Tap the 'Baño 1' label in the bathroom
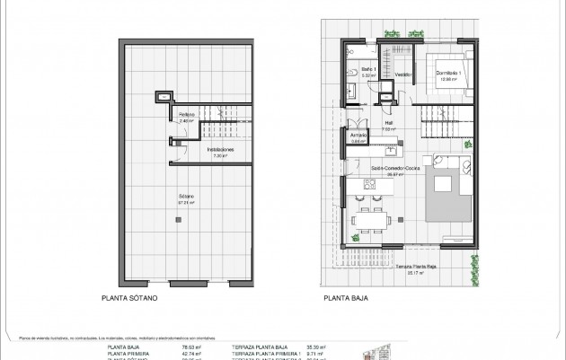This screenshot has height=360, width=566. tap(356, 73)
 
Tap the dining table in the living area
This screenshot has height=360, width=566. tap(369, 218)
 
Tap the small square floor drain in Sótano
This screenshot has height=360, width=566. tap(163, 96)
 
